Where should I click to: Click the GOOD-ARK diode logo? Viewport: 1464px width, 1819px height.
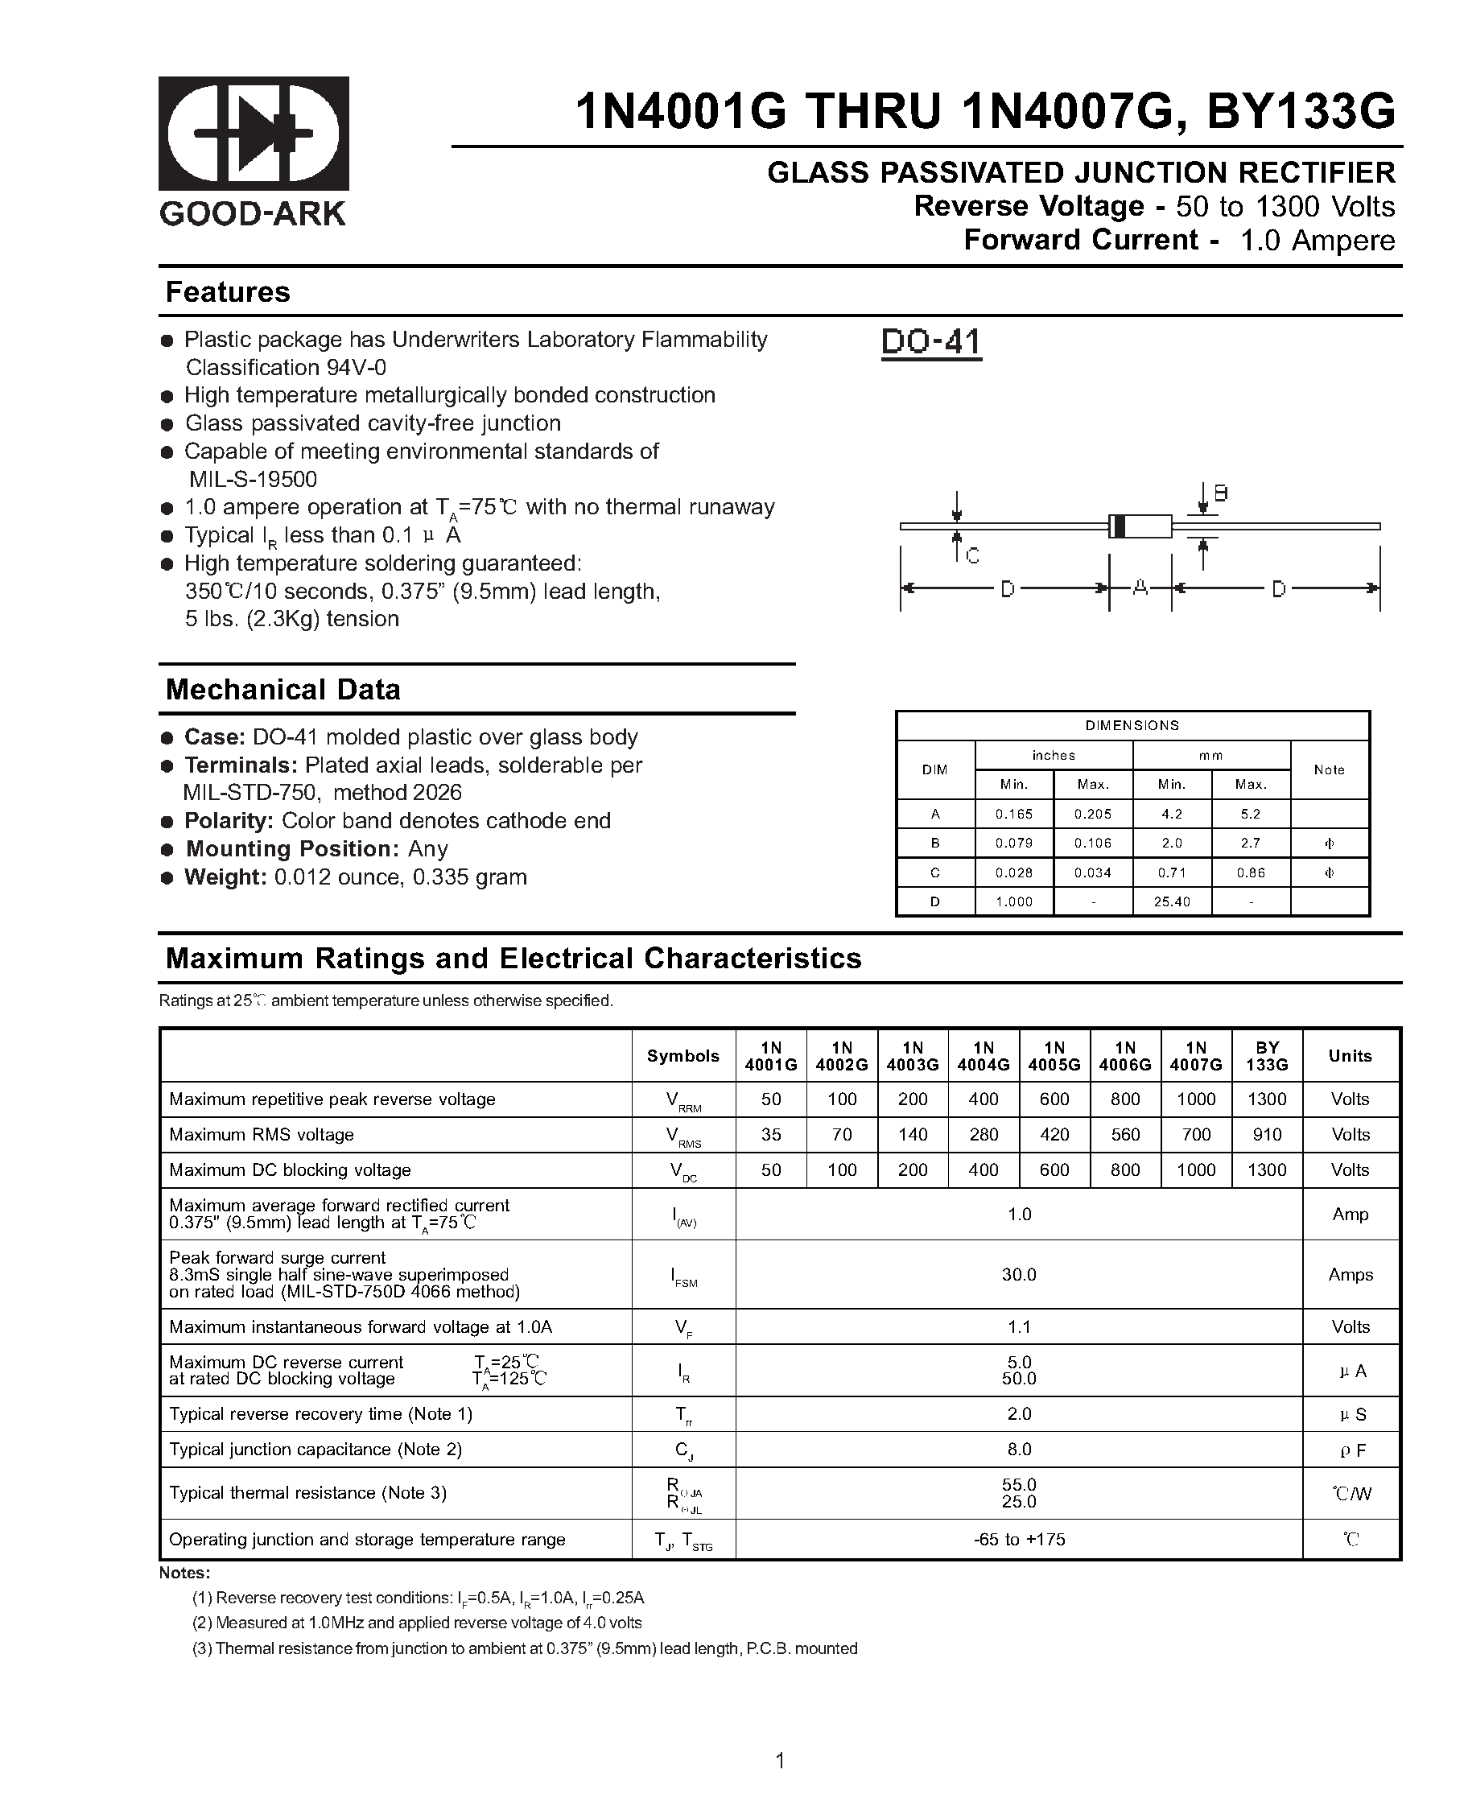pos(254,134)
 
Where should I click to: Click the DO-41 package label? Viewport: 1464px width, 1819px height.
pos(930,343)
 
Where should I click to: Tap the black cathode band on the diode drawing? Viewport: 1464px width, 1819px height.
pos(1119,526)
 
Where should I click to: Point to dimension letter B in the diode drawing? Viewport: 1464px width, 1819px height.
pos(1220,493)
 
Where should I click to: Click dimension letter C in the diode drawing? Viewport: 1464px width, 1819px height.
pos(972,556)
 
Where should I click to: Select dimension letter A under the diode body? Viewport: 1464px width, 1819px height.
pos(1140,588)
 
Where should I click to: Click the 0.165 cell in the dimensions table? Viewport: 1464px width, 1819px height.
pos(1013,815)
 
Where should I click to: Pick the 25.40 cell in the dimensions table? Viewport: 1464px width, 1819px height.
pos(1171,902)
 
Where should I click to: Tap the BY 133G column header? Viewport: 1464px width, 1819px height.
pos(1267,1055)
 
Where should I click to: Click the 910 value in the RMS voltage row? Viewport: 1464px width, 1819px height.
pos(1267,1135)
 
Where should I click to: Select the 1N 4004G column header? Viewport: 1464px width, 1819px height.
pos(983,1055)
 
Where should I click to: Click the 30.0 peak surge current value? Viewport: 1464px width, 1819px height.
pos(1018,1275)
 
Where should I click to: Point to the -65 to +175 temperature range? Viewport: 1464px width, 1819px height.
pos(1018,1540)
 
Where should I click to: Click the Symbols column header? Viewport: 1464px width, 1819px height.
pos(683,1055)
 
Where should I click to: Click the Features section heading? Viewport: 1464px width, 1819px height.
pos(228,292)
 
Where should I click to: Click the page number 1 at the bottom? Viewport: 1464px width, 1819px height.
pos(780,1761)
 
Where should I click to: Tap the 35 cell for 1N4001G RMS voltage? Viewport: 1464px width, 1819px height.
pos(770,1135)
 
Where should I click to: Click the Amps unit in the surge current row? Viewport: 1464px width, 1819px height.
pos(1350,1275)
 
